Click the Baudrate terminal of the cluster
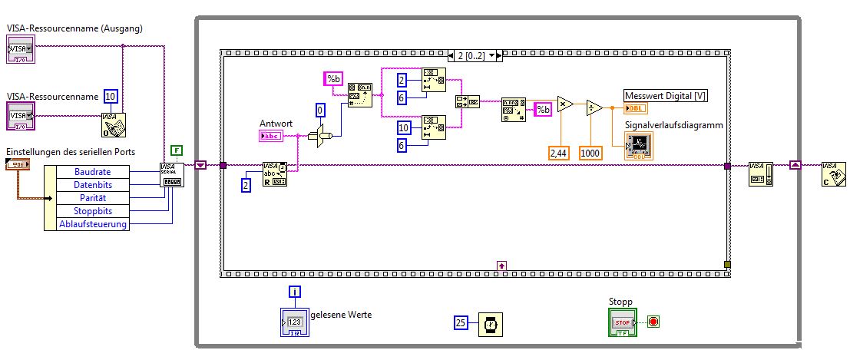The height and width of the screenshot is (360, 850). click(x=93, y=172)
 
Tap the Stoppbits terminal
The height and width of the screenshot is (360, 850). click(x=93, y=211)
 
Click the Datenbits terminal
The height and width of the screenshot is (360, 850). click(x=93, y=185)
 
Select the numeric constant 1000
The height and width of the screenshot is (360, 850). click(x=590, y=153)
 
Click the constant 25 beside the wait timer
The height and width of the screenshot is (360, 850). click(x=461, y=323)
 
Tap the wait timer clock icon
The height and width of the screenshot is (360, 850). click(x=489, y=325)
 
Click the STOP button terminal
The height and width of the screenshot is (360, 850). click(x=622, y=322)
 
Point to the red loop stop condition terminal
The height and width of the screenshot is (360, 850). click(x=653, y=322)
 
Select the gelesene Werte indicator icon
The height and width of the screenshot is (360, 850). click(x=294, y=323)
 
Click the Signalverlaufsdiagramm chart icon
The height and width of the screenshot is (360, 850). click(x=639, y=145)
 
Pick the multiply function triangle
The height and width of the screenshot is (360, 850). click(x=564, y=104)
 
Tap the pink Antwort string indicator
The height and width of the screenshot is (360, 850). click(x=272, y=136)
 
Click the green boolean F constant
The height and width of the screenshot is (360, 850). click(x=177, y=150)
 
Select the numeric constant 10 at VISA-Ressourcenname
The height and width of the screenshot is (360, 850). click(x=111, y=96)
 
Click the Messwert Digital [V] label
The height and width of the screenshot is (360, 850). click(x=665, y=96)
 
